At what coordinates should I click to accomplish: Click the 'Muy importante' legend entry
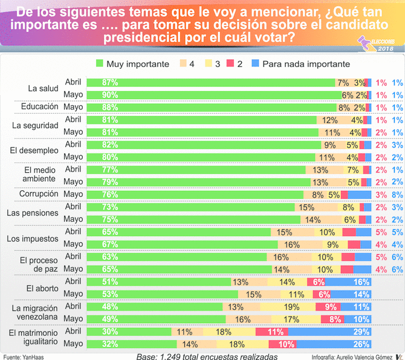tap(130, 64)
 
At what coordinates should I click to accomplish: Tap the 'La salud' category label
tap(44, 88)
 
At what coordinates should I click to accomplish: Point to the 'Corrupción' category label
tap(39, 194)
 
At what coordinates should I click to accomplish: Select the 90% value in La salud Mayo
tap(94, 95)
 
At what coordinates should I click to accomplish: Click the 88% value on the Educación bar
tap(94, 107)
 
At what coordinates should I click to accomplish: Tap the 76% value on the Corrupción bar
tap(94, 194)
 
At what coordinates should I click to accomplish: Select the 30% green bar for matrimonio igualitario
tap(94, 332)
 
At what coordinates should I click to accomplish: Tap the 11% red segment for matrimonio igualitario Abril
tap(276, 332)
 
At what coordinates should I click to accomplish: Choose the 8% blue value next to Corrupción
tap(397, 194)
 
